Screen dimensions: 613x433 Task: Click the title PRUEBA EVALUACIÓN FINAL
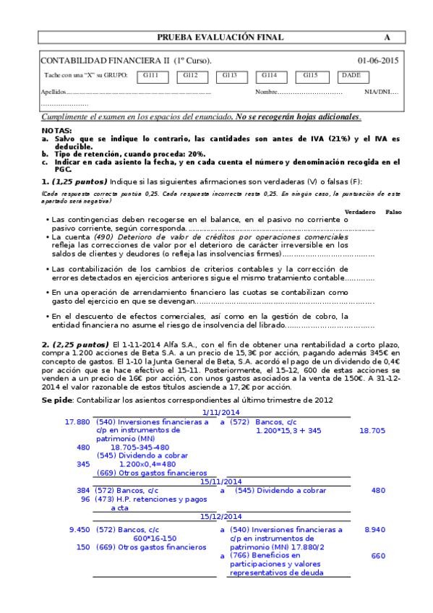pyautogui.click(x=220, y=38)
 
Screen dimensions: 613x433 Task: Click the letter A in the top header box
pyautogui.click(x=387, y=38)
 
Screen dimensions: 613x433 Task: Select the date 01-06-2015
pyautogui.click(x=377, y=61)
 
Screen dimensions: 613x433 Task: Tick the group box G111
pyautogui.click(x=150, y=75)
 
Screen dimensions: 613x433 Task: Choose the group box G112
pyautogui.click(x=190, y=75)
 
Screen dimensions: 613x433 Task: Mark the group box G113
pyautogui.click(x=230, y=75)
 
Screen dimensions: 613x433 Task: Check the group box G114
pyautogui.click(x=270, y=75)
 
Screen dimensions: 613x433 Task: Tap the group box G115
pyautogui.click(x=310, y=75)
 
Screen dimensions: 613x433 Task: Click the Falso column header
pyautogui.click(x=394, y=211)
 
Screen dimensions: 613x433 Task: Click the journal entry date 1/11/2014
pyautogui.click(x=221, y=412)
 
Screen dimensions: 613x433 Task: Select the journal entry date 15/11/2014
pyautogui.click(x=221, y=481)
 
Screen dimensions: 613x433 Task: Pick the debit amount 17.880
pyautogui.click(x=77, y=421)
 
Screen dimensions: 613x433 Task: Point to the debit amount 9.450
pyautogui.click(x=80, y=530)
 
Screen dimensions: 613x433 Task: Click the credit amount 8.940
pyautogui.click(x=374, y=530)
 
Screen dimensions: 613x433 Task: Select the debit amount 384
pyautogui.click(x=83, y=490)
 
